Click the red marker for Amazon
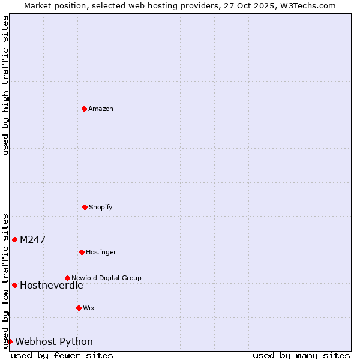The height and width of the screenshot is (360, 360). point(84,109)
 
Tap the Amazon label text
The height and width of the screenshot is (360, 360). point(101,109)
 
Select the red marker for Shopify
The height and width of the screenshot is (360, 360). point(85,207)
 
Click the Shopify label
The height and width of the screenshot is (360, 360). point(101,208)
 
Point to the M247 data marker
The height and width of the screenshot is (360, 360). point(14,239)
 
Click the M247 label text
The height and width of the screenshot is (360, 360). point(32,240)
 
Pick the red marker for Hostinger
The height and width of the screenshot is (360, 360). point(82,252)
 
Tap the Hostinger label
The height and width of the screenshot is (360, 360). point(101,253)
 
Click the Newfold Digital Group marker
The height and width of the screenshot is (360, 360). point(67,278)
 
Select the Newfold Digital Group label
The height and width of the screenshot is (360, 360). point(106,278)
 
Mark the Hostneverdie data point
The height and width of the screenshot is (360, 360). point(14,285)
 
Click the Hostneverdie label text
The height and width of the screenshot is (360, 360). point(51,286)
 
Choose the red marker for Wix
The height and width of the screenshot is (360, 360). point(79,308)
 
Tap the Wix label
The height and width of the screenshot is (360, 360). point(89,308)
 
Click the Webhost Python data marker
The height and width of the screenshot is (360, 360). point(10,341)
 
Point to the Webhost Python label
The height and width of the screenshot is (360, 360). point(54,342)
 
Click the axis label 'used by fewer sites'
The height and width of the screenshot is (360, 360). point(62,355)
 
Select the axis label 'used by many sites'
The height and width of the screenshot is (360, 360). point(301,355)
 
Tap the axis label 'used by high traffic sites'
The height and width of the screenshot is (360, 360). point(6,85)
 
